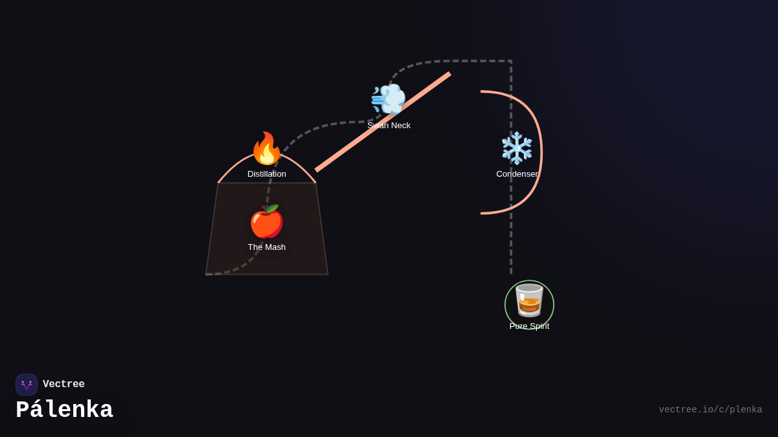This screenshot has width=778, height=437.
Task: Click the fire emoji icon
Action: coord(266,149)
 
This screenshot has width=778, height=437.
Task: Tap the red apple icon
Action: coord(266,222)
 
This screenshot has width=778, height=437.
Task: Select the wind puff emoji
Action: coord(388,99)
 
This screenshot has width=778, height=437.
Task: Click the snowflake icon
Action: coord(517,148)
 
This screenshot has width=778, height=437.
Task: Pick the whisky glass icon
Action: coord(529,300)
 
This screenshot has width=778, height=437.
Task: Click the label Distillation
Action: coord(266,174)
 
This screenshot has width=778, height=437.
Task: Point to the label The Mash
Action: coord(266,247)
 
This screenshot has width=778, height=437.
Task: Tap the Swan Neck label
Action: coord(389,126)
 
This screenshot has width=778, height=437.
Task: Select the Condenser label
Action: coord(517,174)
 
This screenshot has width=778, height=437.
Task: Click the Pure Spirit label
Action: coord(529,326)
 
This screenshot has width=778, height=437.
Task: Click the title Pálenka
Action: coord(64,410)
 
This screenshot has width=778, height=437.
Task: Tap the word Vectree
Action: coord(64,385)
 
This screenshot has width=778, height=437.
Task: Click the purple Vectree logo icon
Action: coord(27,385)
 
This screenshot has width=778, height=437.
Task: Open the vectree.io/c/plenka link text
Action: coord(710,410)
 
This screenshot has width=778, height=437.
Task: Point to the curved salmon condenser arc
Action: coord(540,152)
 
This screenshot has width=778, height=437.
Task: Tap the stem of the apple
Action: coord(266,208)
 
